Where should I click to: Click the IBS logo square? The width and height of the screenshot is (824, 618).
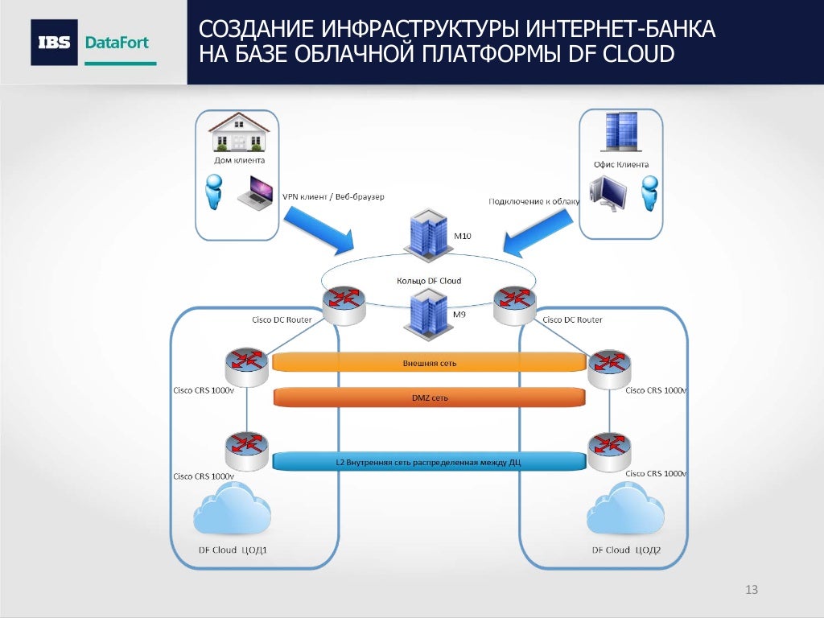[x=55, y=43]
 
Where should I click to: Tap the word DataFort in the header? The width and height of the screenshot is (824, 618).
[x=117, y=43]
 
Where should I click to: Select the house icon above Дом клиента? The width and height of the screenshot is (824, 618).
[x=239, y=132]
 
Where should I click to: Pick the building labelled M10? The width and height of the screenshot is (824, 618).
[x=428, y=233]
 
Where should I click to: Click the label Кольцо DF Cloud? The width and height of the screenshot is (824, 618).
[x=429, y=281]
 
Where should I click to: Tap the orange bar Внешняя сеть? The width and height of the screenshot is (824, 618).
[x=429, y=363]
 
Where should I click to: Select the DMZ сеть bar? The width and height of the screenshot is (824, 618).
[x=429, y=398]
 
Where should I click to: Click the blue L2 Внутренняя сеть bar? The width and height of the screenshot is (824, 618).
[x=429, y=462]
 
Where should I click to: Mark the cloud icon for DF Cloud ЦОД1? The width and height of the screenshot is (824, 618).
[x=232, y=512]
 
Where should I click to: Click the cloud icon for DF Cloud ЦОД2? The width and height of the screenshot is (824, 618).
[x=625, y=512]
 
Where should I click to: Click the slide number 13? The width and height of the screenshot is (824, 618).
[x=752, y=591]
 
